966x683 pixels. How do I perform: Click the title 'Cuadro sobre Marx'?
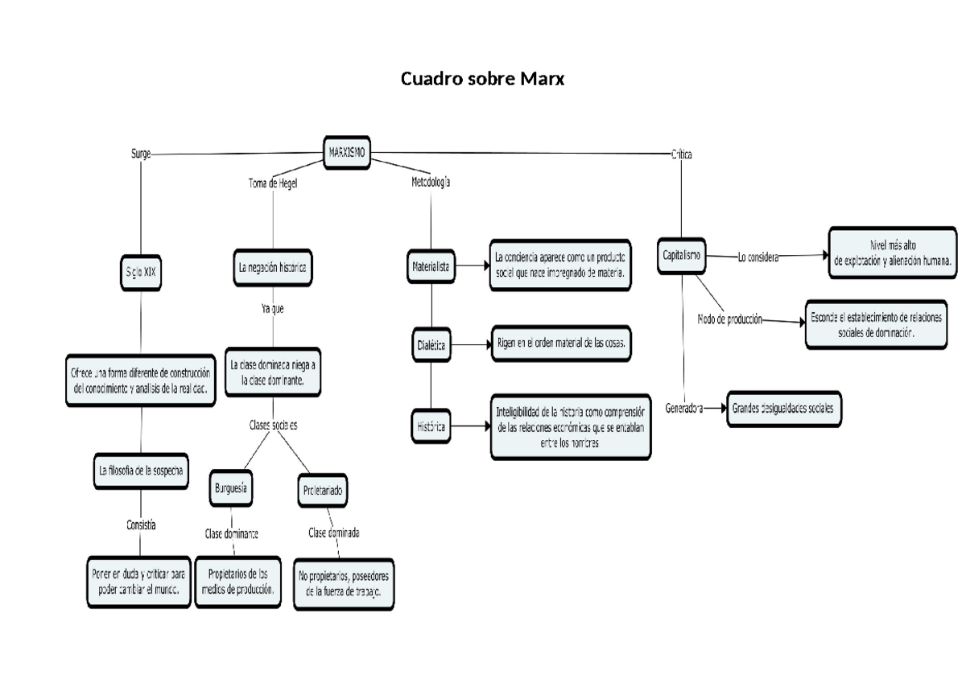[x=484, y=80]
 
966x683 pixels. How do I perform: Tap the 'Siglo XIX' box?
[x=141, y=272]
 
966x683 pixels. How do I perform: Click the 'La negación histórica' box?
[x=272, y=268]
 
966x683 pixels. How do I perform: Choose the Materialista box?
[x=431, y=265]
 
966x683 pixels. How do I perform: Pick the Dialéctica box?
[x=431, y=345]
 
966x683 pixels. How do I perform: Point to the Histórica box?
[x=431, y=426]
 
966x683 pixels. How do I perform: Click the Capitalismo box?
[x=681, y=256]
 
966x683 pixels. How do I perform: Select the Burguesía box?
[x=231, y=488]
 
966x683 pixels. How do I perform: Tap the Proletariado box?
[x=325, y=490]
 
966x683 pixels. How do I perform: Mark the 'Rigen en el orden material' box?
[x=561, y=344]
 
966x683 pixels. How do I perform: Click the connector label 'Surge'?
[x=141, y=153]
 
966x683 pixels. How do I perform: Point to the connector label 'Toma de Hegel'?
[x=273, y=183]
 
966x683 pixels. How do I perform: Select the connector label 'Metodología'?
[x=431, y=183]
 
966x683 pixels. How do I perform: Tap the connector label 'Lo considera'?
[x=758, y=257]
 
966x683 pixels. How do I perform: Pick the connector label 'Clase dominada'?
[x=334, y=533]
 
